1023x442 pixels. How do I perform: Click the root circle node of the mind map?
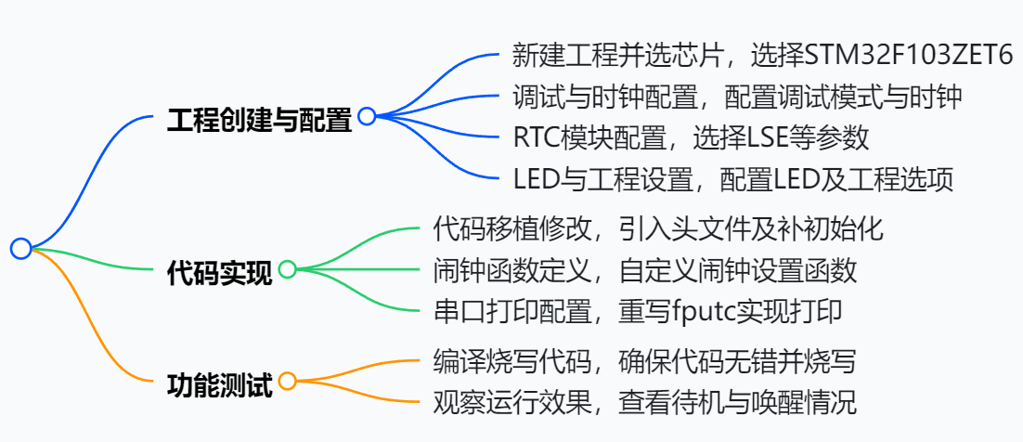(21, 248)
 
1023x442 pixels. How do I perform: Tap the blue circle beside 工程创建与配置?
(367, 116)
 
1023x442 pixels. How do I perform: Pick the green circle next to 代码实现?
(287, 269)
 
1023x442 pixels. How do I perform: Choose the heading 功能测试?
(219, 383)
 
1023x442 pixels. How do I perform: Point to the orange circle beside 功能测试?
(287, 381)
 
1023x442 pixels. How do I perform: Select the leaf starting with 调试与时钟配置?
(737, 96)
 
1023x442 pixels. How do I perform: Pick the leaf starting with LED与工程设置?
(732, 178)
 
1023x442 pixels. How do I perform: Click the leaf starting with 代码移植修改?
(658, 228)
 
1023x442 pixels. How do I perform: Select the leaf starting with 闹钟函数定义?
(644, 270)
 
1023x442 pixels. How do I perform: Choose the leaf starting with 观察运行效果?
(644, 401)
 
